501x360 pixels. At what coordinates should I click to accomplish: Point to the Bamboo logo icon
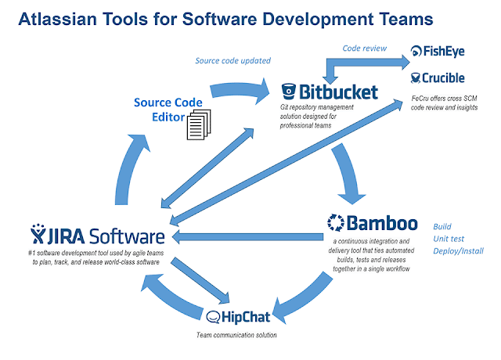[335, 221]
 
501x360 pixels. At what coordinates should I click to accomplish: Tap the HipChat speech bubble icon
[216, 317]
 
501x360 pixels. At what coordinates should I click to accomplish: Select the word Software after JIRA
[125, 236]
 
